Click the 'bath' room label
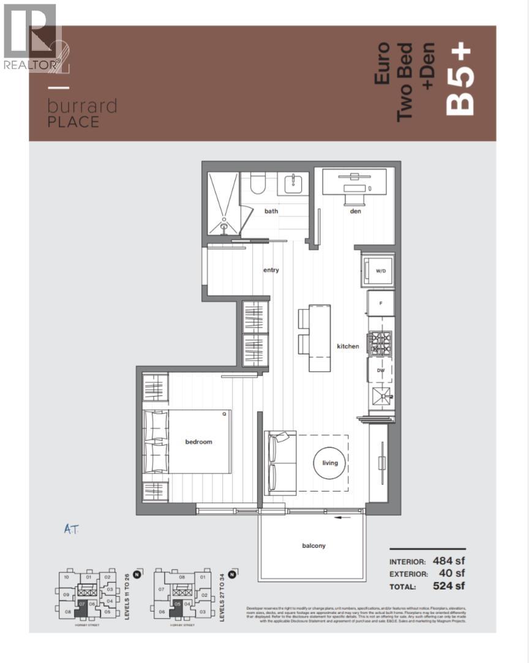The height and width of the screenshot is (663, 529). [x=271, y=211]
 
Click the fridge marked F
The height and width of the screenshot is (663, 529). [x=380, y=303]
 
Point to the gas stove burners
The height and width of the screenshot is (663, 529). [x=380, y=342]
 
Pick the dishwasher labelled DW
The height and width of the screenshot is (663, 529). [x=380, y=370]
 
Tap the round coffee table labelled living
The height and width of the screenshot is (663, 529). [x=330, y=463]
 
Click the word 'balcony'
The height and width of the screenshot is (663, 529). [x=313, y=545]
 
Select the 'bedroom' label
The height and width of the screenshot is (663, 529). [x=199, y=441]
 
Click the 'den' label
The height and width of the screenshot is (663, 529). [x=356, y=211]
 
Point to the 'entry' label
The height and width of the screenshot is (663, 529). [x=271, y=269]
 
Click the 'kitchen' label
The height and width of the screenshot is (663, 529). [x=348, y=346]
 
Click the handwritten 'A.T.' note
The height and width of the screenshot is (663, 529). [x=72, y=530]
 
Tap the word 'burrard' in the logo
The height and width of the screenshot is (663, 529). [x=82, y=106]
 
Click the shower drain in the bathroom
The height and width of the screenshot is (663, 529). [x=224, y=227]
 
